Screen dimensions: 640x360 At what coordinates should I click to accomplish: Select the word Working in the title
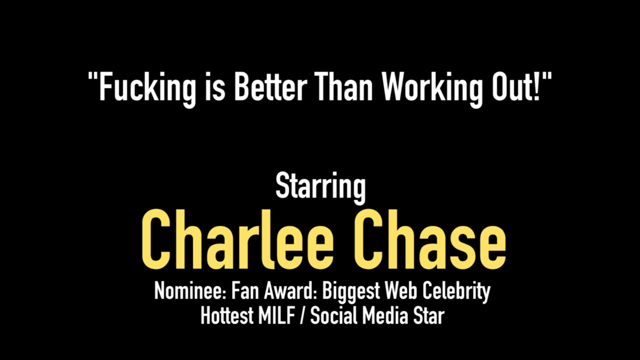pyautogui.click(x=430, y=89)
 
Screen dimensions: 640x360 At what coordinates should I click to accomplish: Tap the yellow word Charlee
pyautogui.click(x=237, y=239)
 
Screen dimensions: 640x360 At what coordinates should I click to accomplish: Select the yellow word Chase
pyautogui.click(x=429, y=239)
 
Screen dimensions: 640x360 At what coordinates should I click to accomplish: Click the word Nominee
pyautogui.click(x=190, y=290)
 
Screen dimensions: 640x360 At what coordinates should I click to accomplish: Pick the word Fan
pyautogui.click(x=244, y=290)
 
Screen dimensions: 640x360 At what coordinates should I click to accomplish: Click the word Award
pyautogui.click(x=289, y=290)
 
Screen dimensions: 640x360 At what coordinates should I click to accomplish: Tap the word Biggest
pyautogui.click(x=351, y=292)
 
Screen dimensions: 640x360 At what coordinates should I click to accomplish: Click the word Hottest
pyautogui.click(x=227, y=315)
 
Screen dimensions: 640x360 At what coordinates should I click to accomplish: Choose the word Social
pyautogui.click(x=333, y=315)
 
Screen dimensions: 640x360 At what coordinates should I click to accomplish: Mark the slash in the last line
pyautogui.click(x=302, y=316)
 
